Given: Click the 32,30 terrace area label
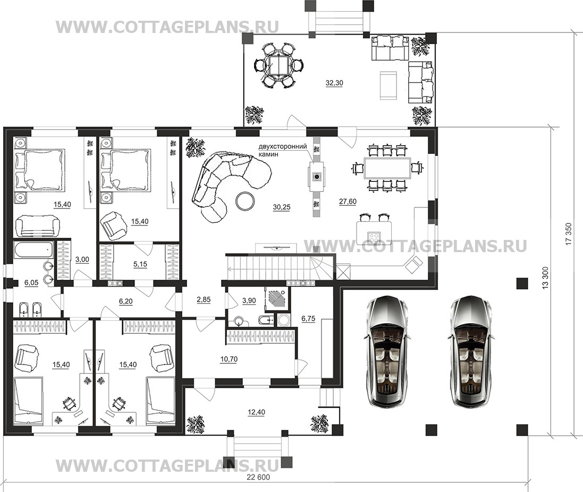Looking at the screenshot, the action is (334, 83).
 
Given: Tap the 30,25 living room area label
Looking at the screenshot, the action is (282, 207).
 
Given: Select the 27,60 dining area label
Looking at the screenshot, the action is (348, 202).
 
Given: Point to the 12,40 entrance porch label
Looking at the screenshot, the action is (256, 412).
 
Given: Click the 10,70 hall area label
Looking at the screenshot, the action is (229, 359).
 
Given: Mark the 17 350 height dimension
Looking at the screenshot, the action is (568, 234).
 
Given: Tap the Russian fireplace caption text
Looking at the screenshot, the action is (283, 150).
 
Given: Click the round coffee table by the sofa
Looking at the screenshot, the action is (246, 201).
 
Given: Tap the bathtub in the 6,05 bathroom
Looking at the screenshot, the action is (34, 249).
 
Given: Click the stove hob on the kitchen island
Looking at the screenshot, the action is (373, 236).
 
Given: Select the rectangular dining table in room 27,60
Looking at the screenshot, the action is (387, 169).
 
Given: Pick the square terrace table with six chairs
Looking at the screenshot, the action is (278, 65).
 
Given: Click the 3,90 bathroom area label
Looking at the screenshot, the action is (249, 301).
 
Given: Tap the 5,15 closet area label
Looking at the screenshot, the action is (140, 264).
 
